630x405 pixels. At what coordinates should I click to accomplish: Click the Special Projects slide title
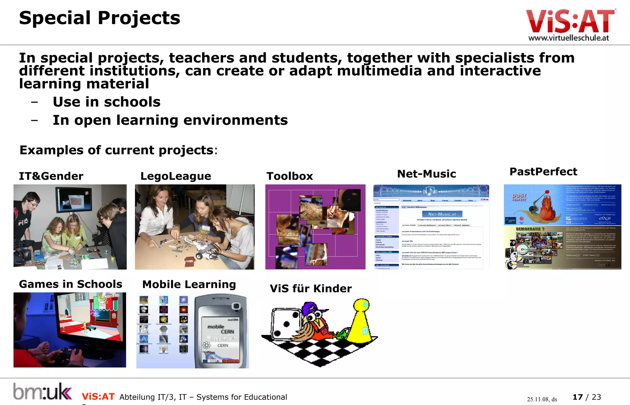coord(99,18)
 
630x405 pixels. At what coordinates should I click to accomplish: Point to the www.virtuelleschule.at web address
coord(568,38)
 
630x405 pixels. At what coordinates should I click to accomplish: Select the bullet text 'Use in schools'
coord(106,102)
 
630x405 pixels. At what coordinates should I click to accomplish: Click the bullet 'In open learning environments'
coord(170,120)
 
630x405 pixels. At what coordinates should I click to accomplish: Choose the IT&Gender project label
coord(51,176)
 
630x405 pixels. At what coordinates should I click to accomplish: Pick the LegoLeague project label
coord(176,176)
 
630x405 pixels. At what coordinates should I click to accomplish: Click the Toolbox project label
coord(289,176)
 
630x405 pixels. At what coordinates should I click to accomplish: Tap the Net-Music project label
coord(426,174)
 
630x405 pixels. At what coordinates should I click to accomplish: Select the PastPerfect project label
coord(543,171)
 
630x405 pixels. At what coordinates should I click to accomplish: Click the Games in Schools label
coord(70,284)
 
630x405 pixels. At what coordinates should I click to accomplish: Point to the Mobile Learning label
coord(189,284)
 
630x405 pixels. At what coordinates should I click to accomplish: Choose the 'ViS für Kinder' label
coord(311,289)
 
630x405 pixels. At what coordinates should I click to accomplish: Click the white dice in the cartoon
coord(285,323)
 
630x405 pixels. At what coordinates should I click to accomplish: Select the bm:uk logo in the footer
coord(42,391)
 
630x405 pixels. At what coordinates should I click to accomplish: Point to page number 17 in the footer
coord(577,397)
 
